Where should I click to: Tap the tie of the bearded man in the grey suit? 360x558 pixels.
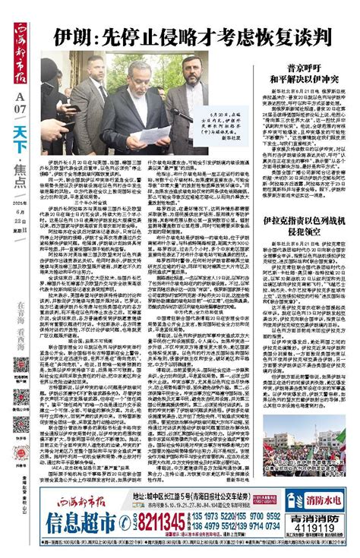pos(195,114)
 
